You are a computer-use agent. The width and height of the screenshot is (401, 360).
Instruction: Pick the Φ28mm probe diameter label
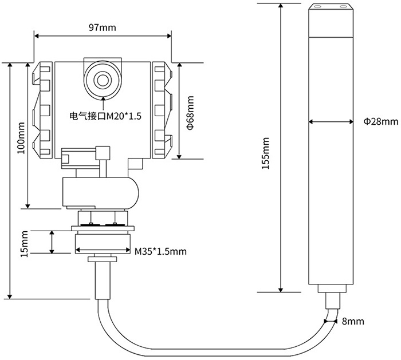[x=380, y=121]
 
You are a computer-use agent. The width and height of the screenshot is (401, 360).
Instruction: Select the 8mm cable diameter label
[x=353, y=322]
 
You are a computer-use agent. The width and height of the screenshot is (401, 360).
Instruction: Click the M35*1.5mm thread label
[x=160, y=251]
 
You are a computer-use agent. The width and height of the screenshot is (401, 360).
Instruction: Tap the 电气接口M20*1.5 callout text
[x=105, y=116]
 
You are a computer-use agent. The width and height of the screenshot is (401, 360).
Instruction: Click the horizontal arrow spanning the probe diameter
[x=331, y=121]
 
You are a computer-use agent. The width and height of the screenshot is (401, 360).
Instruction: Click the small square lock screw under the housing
[x=103, y=152]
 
